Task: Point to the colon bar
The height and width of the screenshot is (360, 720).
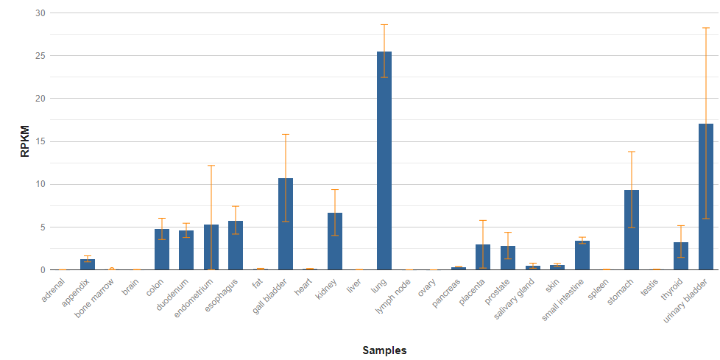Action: (x=162, y=250)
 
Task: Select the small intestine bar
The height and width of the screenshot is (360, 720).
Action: (x=582, y=255)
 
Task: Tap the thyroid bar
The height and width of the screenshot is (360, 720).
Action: (x=681, y=255)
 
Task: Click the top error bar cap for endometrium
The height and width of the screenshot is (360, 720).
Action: (x=211, y=166)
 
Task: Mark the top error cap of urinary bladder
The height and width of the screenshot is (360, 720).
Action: (x=705, y=28)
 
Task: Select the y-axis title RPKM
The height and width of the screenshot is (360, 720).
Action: (x=24, y=141)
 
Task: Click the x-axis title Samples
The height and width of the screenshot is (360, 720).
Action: (x=384, y=350)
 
